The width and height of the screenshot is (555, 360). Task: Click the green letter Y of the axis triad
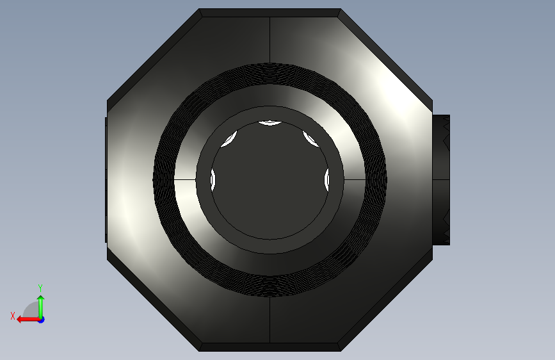(x=40, y=288)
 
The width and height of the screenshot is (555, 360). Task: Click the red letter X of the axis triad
(x=13, y=316)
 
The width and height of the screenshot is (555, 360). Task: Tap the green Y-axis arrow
(x=41, y=307)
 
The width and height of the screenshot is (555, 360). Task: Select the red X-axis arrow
(x=29, y=320)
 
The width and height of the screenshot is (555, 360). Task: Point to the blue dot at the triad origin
(x=42, y=320)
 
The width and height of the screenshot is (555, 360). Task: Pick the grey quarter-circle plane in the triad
(x=31, y=309)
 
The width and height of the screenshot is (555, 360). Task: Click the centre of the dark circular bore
(x=270, y=180)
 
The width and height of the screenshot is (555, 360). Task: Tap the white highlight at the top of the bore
(x=270, y=123)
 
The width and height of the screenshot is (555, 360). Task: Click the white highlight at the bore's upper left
(x=229, y=139)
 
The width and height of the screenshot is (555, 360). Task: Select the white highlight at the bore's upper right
(x=310, y=139)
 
